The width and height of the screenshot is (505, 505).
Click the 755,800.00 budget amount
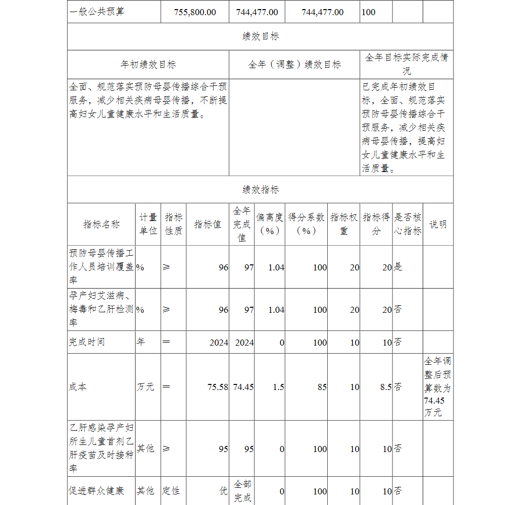[195, 12]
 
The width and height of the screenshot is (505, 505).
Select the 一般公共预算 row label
[96, 12]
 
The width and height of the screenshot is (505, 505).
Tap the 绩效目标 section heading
[260, 36]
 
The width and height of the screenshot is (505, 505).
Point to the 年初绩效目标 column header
[148, 65]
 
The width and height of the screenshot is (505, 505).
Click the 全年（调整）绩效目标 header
[294, 65]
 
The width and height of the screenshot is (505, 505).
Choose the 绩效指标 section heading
[260, 190]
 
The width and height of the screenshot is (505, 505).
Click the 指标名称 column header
[102, 225]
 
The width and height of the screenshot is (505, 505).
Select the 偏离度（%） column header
[270, 225]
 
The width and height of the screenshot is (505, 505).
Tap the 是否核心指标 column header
[408, 225]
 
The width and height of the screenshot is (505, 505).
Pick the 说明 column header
[438, 225]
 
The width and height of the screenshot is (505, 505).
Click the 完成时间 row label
[87, 342]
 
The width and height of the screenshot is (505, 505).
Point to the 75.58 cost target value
[218, 387]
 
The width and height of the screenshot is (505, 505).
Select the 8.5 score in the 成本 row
[386, 387]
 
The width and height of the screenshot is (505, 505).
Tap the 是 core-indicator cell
[398, 267]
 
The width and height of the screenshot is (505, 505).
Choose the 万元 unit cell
[145, 387]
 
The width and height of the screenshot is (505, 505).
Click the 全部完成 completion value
[242, 491]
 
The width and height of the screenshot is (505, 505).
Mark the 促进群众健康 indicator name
[96, 491]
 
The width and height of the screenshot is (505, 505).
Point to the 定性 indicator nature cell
[171, 491]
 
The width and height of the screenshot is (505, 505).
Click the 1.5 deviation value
[278, 387]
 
